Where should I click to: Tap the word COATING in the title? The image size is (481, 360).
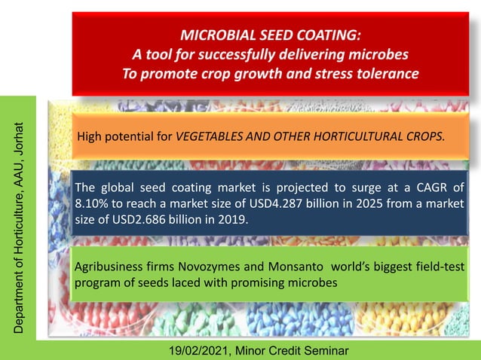pyautogui.click(x=329, y=35)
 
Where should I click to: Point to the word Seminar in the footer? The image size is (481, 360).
pyautogui.click(x=326, y=351)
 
